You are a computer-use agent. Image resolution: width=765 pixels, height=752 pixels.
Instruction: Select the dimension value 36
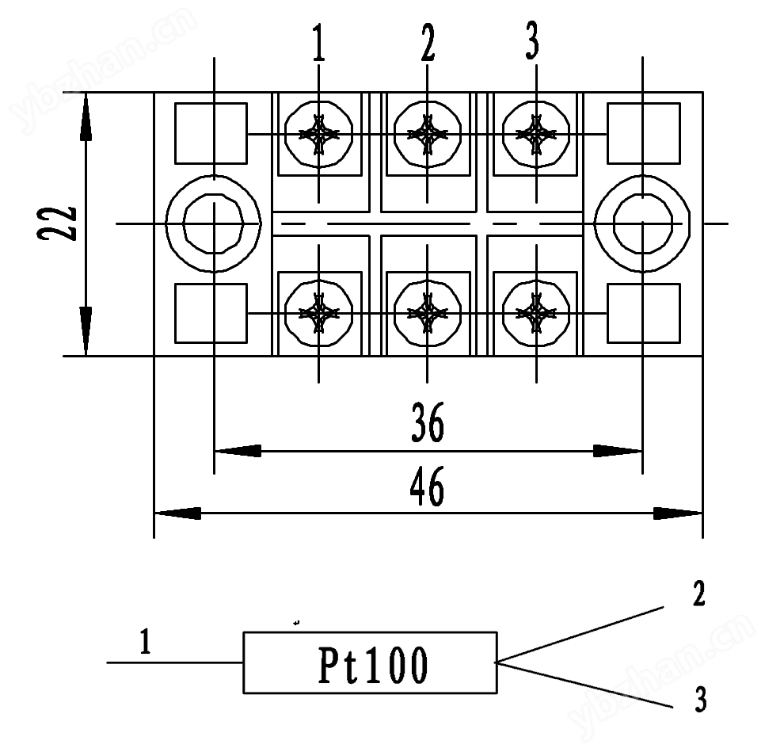[428, 425]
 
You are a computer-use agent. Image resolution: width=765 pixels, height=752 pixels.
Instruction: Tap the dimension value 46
[428, 487]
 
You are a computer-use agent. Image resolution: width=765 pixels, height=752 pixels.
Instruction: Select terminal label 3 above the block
[533, 44]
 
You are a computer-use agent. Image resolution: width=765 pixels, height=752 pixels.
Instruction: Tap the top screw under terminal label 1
[318, 134]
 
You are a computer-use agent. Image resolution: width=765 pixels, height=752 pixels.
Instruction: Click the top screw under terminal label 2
[428, 134]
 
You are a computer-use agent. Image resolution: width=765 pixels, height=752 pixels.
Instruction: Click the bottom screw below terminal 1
[318, 313]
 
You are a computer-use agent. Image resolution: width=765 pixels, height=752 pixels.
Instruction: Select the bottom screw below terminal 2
[428, 313]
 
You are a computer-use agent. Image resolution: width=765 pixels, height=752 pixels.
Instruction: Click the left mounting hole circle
[214, 223]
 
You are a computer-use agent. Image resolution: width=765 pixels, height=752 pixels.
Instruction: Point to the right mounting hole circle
[642, 223]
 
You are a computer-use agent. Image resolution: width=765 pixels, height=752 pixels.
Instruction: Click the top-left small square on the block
[210, 132]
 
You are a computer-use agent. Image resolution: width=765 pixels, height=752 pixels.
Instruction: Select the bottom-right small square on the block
[643, 313]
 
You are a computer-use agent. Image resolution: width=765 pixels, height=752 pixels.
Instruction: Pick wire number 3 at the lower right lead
[700, 700]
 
